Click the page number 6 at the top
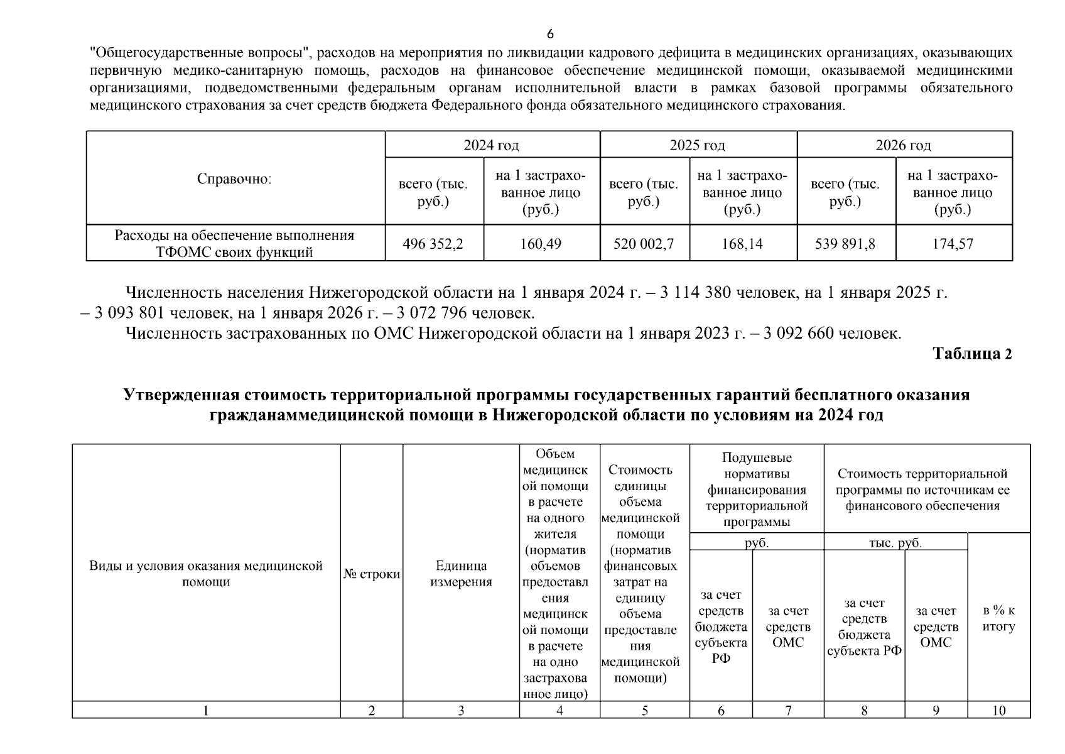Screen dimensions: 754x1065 click(x=550, y=34)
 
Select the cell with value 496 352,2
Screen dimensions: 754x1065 click(x=433, y=244)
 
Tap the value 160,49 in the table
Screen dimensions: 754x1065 click(x=541, y=244)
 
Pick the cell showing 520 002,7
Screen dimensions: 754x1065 click(x=644, y=244)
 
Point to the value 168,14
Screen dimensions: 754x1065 click(x=742, y=244)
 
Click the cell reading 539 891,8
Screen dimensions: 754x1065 click(x=845, y=244)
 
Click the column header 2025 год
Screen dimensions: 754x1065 click(x=697, y=146)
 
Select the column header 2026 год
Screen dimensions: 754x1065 click(x=903, y=146)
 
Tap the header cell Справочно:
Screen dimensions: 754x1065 click(x=234, y=179)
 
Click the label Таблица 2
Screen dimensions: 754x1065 click(x=972, y=354)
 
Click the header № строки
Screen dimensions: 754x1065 click(x=372, y=574)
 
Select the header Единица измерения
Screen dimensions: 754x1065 click(x=461, y=574)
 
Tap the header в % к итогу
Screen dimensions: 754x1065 click(x=998, y=618)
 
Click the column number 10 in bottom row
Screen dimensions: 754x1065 click(x=998, y=711)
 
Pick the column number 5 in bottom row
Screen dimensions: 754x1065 click(x=644, y=711)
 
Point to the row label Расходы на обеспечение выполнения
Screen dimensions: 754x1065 click(x=234, y=236)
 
